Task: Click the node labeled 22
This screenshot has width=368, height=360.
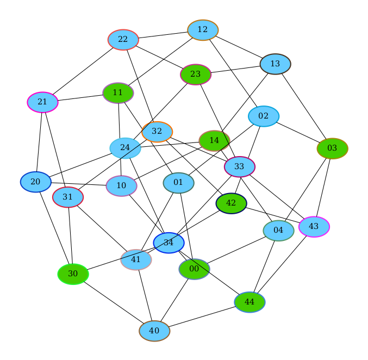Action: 123,40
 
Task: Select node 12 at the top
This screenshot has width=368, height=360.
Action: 203,30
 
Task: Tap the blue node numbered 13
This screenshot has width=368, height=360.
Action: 275,64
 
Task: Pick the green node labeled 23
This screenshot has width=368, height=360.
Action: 196,75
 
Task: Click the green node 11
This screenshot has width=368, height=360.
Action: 118,93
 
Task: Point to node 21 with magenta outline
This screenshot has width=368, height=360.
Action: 42,102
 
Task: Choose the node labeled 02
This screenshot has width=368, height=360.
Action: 264,116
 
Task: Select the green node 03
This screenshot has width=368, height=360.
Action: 332,148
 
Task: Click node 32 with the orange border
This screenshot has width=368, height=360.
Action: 157,132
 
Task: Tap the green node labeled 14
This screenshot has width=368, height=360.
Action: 214,141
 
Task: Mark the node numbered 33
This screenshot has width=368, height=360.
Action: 240,166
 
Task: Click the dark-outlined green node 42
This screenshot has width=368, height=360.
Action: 231,203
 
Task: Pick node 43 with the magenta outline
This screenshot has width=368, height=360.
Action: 314,226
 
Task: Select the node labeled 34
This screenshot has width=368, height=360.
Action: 169,243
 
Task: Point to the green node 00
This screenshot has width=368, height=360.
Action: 194,269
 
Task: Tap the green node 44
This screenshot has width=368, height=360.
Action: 250,302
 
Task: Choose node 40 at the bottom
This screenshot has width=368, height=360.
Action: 154,331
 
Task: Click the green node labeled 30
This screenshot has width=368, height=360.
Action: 73,274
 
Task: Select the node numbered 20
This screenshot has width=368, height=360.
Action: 35,182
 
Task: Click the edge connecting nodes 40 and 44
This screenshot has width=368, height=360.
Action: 202,316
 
